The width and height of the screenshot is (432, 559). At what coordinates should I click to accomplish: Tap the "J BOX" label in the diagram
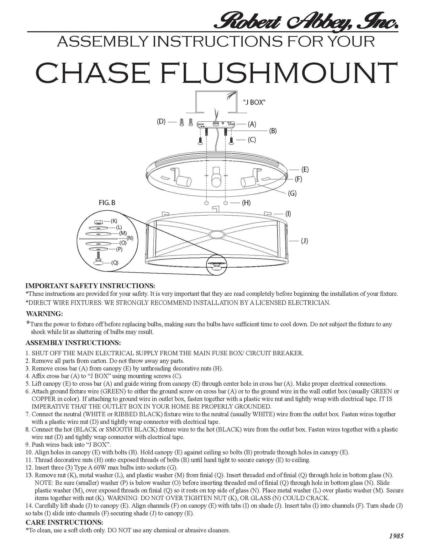pyautogui.click(x=254, y=102)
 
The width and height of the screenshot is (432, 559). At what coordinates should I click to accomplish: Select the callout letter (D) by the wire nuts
pyautogui.click(x=161, y=122)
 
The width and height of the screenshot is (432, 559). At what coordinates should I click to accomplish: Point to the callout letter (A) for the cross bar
pyautogui.click(x=252, y=124)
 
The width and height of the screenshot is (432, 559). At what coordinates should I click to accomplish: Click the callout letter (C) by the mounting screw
pyautogui.click(x=252, y=140)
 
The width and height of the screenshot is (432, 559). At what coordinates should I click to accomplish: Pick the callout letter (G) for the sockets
pyautogui.click(x=292, y=193)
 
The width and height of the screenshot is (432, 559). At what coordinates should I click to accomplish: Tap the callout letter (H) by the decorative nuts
pyautogui.click(x=246, y=203)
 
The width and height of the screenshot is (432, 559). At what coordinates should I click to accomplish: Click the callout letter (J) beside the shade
pyautogui.click(x=304, y=241)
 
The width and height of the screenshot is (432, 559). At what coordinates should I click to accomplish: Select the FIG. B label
pyautogui.click(x=107, y=203)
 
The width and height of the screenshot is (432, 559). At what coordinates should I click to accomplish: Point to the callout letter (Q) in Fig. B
pyautogui.click(x=115, y=263)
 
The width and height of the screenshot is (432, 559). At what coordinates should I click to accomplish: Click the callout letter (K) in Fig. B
pyautogui.click(x=114, y=221)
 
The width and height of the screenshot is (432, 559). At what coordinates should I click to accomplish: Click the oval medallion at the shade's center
pyautogui.click(x=216, y=234)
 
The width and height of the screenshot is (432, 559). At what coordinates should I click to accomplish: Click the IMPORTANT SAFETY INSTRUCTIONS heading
pyautogui.click(x=90, y=286)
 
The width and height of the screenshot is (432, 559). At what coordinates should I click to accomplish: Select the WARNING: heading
pyautogui.click(x=44, y=314)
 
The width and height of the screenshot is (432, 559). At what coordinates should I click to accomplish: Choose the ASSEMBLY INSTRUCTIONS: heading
pyautogui.click(x=73, y=343)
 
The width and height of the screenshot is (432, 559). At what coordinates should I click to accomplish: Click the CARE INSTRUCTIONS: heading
pyautogui.click(x=64, y=522)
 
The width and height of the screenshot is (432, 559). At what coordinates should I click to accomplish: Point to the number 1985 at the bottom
pyautogui.click(x=396, y=536)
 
